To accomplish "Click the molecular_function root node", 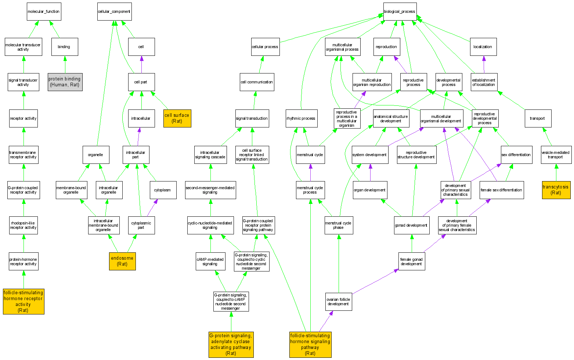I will [x=44, y=11].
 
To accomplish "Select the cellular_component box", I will [x=114, y=11].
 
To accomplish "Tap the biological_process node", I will [x=400, y=11].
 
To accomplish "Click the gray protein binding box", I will [x=65, y=82].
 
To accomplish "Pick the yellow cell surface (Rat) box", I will [x=177, y=118].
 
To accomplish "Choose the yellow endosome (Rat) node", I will [x=122, y=261].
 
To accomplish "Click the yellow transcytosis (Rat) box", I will [x=556, y=190].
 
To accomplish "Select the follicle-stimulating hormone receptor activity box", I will [x=24, y=301].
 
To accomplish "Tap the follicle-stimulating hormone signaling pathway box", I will [x=310, y=344].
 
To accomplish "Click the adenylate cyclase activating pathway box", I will [x=231, y=344].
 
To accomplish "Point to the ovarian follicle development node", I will [x=339, y=302].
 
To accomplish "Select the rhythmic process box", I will [x=301, y=118].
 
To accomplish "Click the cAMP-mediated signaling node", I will [x=210, y=262].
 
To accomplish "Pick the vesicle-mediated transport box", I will [x=556, y=155].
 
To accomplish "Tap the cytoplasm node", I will [x=163, y=190].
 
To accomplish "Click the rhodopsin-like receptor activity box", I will [x=24, y=225].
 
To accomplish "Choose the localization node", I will [x=483, y=47].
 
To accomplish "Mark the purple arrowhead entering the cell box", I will [x=141, y=58].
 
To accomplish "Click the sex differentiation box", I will [x=516, y=155].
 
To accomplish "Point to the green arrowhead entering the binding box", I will [x=65, y=58].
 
